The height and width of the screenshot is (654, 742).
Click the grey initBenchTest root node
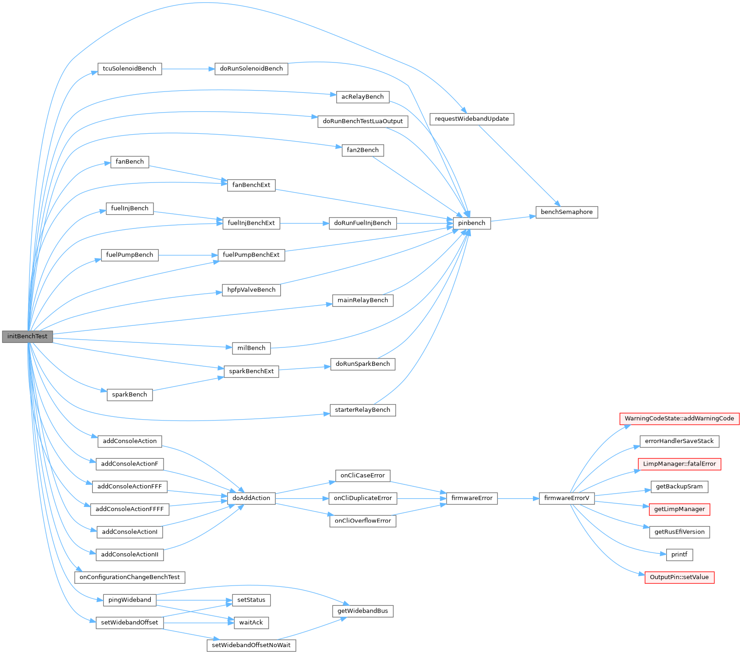[28, 336]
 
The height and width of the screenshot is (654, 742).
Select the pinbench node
[471, 223]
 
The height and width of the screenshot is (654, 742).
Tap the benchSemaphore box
[566, 212]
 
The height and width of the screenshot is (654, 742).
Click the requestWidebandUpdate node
[472, 119]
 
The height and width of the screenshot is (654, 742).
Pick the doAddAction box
[251, 498]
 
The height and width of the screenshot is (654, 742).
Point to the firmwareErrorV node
[566, 498]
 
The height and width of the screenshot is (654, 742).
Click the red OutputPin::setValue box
[679, 577]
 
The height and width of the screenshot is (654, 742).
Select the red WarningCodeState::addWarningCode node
[679, 419]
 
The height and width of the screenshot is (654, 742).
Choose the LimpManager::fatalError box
[679, 464]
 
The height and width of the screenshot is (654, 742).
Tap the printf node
[679, 555]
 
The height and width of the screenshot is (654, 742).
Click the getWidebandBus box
[363, 611]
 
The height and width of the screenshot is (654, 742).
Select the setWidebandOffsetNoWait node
[251, 645]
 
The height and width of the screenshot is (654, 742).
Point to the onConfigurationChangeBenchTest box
[130, 577]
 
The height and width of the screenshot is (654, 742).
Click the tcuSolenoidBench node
[130, 69]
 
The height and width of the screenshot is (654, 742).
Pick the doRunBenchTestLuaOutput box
[363, 121]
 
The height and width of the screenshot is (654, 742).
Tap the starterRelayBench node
[363, 410]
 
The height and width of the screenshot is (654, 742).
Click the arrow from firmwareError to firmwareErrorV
[518, 498]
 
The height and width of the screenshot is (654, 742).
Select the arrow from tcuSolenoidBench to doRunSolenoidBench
[188, 69]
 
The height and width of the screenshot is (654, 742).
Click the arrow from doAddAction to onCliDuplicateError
[302, 498]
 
